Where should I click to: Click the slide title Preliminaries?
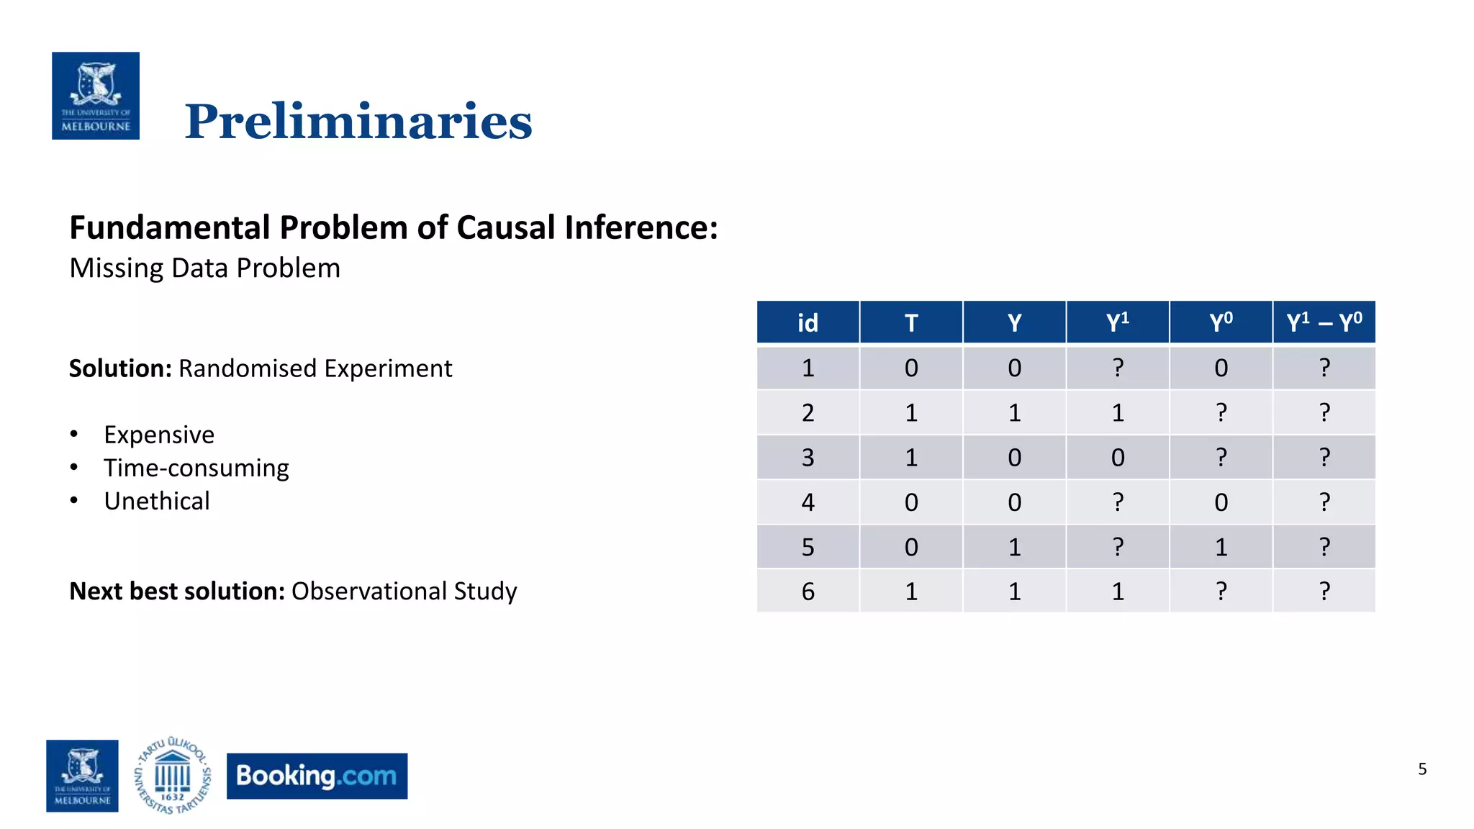[x=358, y=121]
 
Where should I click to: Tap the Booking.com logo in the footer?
[x=317, y=776]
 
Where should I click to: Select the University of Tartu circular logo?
[x=173, y=776]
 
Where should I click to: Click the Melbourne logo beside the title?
[x=96, y=96]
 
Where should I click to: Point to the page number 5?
[x=1422, y=769]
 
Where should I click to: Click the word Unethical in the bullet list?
[x=157, y=501]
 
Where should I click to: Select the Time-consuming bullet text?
[x=196, y=468]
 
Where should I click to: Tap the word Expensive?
[x=159, y=435]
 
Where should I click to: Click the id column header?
[x=808, y=322]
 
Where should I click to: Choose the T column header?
[x=911, y=322]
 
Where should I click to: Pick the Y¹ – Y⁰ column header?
[x=1324, y=322]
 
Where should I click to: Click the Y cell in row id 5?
[x=1014, y=547]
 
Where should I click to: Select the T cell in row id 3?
[x=911, y=458]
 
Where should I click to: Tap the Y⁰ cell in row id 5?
[x=1221, y=547]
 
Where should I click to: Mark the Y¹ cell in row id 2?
[x=1118, y=413]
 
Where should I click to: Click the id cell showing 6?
[x=808, y=592]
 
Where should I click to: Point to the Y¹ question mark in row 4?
[x=1118, y=502]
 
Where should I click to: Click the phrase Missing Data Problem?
[x=204, y=268]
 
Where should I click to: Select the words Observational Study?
[x=404, y=591]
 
